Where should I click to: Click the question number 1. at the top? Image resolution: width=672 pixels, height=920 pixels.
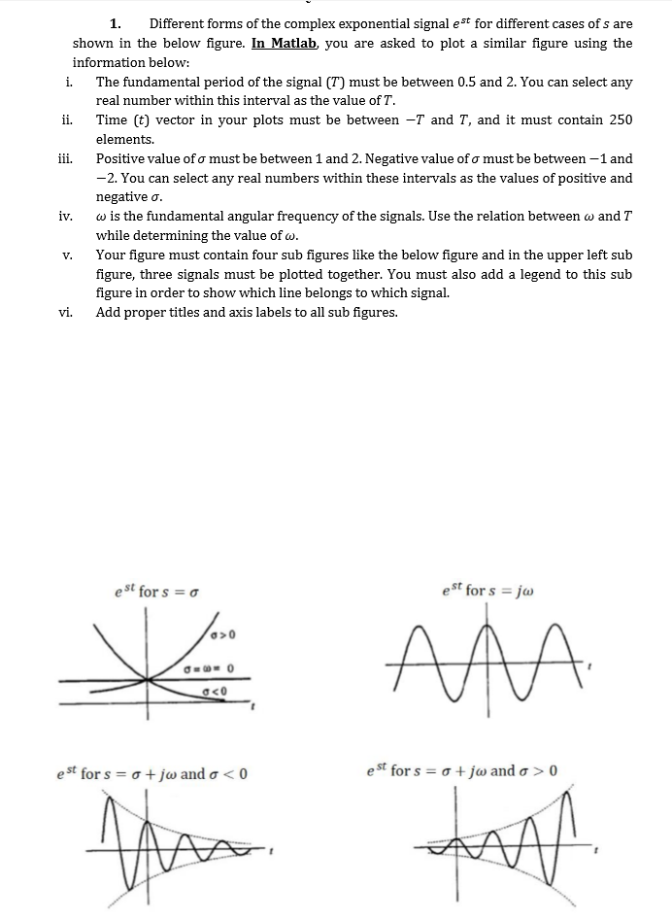(x=116, y=23)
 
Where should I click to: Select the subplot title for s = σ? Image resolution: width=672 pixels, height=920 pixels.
(x=157, y=591)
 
